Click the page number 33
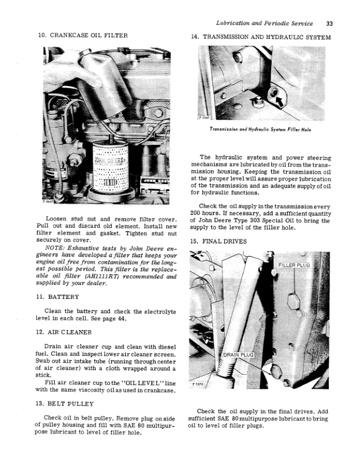tap(329, 24)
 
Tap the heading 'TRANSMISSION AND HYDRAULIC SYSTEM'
tap(266, 36)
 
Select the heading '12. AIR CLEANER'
tap(64, 332)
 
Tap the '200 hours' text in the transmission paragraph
tap(208, 213)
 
